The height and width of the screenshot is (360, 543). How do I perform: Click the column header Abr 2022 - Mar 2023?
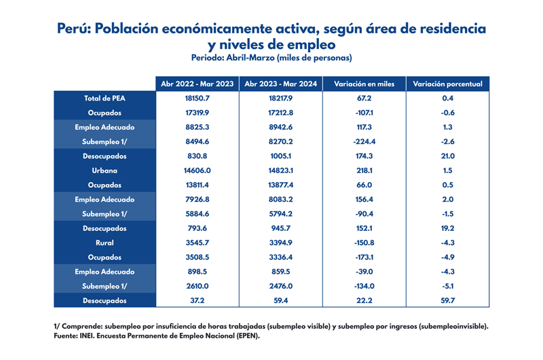(x=198, y=84)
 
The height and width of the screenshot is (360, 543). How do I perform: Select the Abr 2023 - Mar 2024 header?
(x=280, y=84)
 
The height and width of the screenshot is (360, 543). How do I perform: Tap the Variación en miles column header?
(x=364, y=84)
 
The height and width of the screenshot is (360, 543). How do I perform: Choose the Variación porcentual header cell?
(x=447, y=84)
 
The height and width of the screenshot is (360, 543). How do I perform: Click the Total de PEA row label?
(x=105, y=98)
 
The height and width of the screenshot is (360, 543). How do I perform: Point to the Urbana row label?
(x=105, y=170)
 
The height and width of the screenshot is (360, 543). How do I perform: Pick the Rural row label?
(x=105, y=242)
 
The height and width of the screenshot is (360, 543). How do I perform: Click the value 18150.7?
(x=198, y=98)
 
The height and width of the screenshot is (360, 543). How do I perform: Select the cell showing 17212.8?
(x=280, y=113)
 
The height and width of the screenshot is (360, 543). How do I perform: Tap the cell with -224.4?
(x=364, y=142)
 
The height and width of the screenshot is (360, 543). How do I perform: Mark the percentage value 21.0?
(x=447, y=156)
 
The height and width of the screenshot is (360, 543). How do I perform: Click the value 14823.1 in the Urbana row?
(x=280, y=170)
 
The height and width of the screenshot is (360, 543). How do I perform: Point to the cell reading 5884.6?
(x=198, y=214)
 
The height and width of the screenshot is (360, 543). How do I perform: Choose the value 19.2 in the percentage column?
(x=447, y=228)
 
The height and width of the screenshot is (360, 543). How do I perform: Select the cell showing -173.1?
(x=364, y=257)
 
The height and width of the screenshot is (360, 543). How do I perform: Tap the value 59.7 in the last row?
(x=447, y=300)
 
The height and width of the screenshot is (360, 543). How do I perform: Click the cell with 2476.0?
(x=280, y=286)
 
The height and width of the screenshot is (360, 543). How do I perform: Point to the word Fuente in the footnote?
(x=66, y=336)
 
